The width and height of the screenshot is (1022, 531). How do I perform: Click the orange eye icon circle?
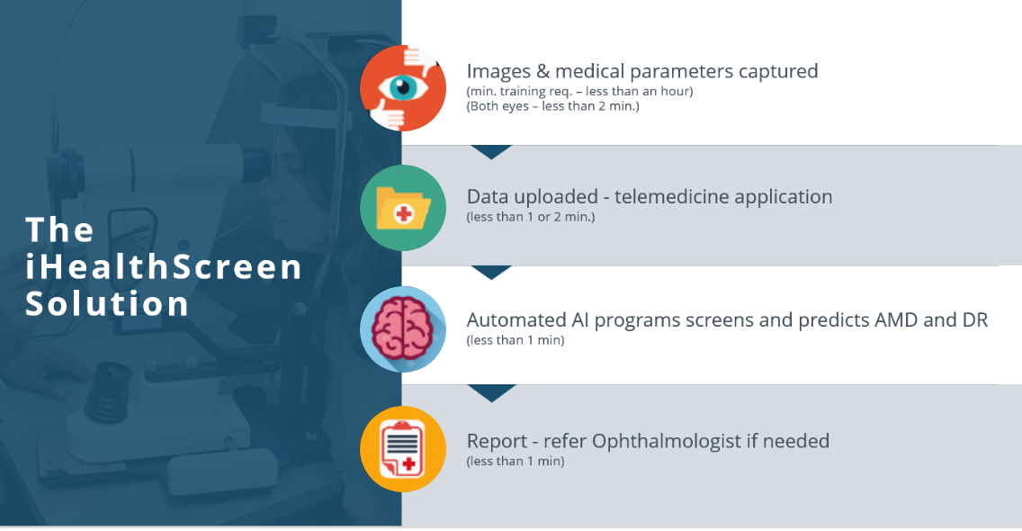pos(403,88)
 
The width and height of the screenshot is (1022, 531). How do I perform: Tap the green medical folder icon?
pos(403,208)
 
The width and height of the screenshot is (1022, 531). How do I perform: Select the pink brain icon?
pos(403,328)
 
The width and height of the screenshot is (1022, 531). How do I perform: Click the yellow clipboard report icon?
pos(403,449)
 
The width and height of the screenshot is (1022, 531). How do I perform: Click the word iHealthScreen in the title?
pos(164,266)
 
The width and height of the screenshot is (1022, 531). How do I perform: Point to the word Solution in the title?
pos(108,304)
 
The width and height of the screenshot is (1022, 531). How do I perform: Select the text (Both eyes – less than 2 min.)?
pos(552,106)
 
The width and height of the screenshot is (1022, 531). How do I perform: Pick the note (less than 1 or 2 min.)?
pos(531,217)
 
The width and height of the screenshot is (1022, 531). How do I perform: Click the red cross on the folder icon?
pos(404,213)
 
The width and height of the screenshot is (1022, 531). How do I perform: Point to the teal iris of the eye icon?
pos(403,86)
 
